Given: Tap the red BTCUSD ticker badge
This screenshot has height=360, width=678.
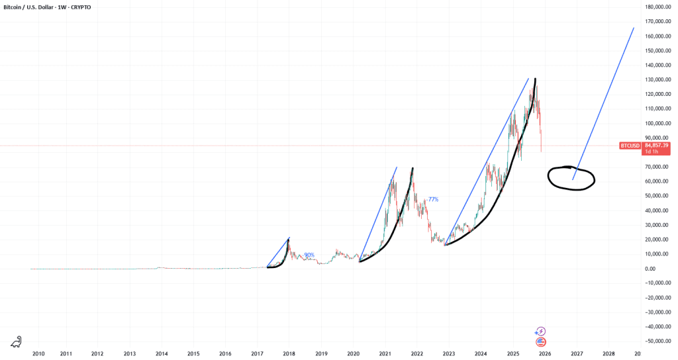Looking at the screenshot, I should (x=628, y=144).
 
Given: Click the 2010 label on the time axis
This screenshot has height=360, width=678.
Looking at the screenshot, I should (x=38, y=354).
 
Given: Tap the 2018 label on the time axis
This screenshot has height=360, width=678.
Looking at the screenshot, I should (x=289, y=354).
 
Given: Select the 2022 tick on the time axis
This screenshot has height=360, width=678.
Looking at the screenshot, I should (x=416, y=354).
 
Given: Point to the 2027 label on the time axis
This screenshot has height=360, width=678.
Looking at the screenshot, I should (x=577, y=354).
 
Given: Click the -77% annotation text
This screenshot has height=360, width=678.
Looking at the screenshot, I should (x=433, y=199).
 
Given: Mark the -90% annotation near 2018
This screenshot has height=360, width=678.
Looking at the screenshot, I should (x=309, y=255).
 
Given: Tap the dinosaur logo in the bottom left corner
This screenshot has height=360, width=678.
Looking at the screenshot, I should (x=16, y=342).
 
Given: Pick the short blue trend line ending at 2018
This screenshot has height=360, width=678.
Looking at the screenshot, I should (x=279, y=252).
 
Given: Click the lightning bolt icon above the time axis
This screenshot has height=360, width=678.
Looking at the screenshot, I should (x=541, y=331).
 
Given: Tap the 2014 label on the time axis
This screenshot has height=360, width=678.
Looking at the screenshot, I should (x=161, y=354).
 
